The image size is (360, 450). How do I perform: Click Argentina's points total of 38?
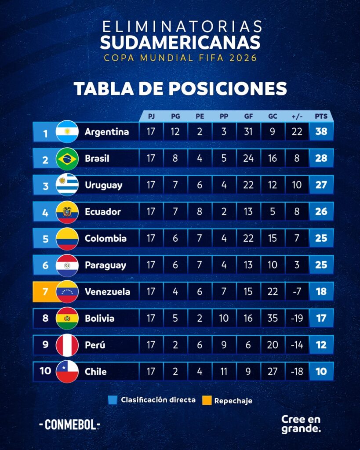tap(321, 131)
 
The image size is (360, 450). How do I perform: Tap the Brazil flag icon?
tap(67, 158)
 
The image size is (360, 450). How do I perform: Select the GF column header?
tap(248, 116)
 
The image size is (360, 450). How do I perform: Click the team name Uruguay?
tap(103, 185)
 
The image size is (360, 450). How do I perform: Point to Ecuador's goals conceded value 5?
tap(273, 211)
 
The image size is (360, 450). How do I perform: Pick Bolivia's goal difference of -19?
tap(297, 318)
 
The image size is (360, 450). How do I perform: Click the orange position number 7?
tap(45, 292)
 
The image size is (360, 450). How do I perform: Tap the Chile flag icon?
tap(67, 371)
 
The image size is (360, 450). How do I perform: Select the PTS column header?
tap(321, 116)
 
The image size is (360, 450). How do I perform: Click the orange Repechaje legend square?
tap(207, 400)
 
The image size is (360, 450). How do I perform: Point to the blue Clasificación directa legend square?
tap(113, 400)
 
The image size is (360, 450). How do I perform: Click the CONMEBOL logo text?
tap(69, 425)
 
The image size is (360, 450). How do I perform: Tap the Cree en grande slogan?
tap(301, 424)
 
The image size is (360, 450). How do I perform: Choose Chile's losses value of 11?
tap(224, 371)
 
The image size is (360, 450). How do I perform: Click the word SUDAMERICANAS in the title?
tap(180, 42)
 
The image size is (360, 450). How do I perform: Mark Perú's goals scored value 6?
tap(248, 345)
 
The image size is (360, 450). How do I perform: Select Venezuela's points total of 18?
tap(321, 291)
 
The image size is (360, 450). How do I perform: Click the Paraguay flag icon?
tap(67, 265)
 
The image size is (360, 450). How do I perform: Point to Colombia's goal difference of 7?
tap(297, 238)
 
